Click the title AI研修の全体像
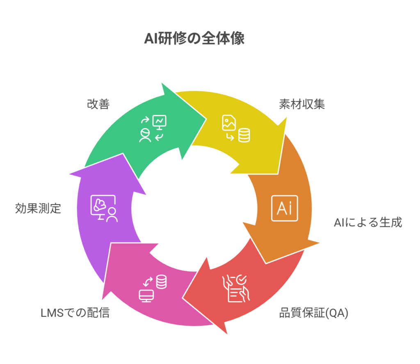point(194,39)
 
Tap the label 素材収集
point(302,104)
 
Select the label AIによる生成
point(367,222)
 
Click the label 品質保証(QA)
point(314,313)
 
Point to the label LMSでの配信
point(75,313)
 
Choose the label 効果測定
point(38,208)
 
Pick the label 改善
point(98,104)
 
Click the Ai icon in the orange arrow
point(284,208)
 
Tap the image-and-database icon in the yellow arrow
point(236,129)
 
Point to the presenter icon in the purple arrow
point(104,208)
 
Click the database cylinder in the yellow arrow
point(244,135)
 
